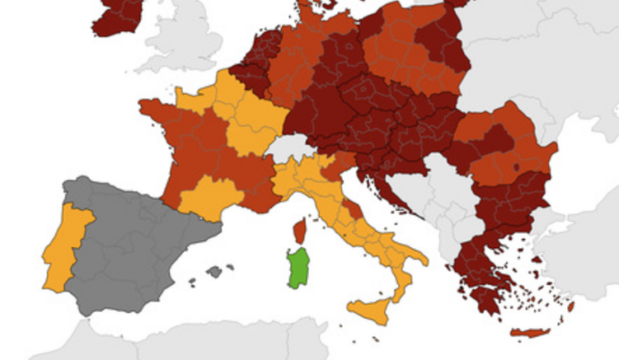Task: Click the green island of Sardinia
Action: click(x=297, y=268)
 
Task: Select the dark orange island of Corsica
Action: click(x=299, y=232)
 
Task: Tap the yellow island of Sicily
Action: click(x=373, y=309)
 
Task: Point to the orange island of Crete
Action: click(x=531, y=333)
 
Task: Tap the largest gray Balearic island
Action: click(x=215, y=271)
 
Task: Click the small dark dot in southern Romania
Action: click(x=516, y=166)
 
